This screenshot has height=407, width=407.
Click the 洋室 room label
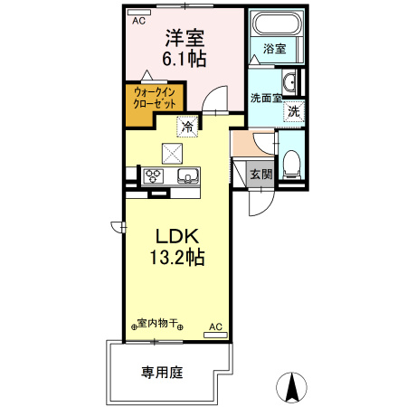(185, 39)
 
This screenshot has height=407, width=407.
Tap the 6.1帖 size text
(185, 60)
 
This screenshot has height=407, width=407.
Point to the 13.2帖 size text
(176, 257)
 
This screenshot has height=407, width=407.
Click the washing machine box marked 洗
(293, 112)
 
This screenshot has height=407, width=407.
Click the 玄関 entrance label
(260, 174)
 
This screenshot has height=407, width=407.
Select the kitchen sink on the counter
(186, 175)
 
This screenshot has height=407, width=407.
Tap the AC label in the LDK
(214, 325)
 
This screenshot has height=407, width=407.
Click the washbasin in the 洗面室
(287, 79)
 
